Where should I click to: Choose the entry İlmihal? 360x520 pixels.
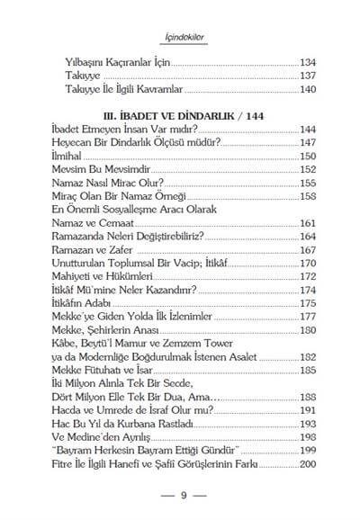pos(69,156)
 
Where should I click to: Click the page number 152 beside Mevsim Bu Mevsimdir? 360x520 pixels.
pos(310,169)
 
